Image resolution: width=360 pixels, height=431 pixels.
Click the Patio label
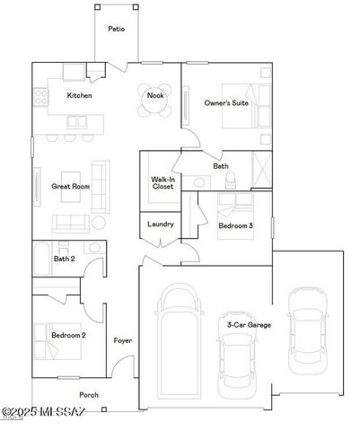coord(117,29)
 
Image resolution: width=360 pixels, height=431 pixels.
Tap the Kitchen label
coord(80,95)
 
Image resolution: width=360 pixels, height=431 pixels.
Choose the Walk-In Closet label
coord(162,182)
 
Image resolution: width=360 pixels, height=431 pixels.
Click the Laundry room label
coord(160,224)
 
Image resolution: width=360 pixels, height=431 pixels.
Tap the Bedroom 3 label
coord(235,226)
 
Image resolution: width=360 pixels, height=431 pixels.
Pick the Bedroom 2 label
coord(68,335)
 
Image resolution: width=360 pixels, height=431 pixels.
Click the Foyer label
coord(122,340)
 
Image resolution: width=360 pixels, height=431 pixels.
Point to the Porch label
coord(89,394)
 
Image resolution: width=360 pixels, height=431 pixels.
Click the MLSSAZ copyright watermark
coord(43,412)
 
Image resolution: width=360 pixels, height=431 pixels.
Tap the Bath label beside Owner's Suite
coord(221,166)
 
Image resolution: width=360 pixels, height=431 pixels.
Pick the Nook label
coord(156,95)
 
